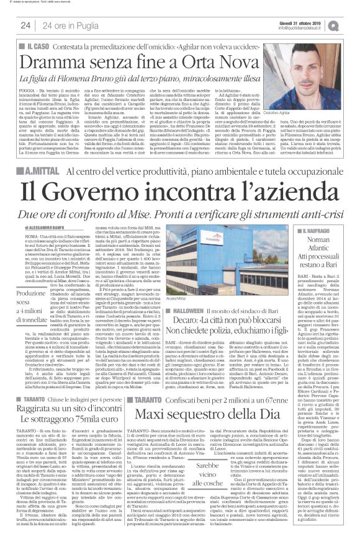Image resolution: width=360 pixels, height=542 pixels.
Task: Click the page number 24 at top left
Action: tap(25, 25)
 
